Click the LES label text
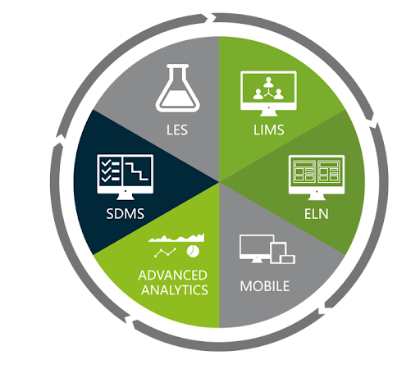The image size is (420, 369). (x=177, y=130)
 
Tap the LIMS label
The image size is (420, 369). (x=269, y=130)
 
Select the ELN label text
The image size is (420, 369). (x=317, y=214)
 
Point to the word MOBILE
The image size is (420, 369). (x=265, y=286)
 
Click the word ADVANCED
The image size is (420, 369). (x=173, y=276)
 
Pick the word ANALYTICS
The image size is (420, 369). (x=175, y=290)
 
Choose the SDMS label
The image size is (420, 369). (x=126, y=214)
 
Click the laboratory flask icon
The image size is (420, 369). (x=178, y=88)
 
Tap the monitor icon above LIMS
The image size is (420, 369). (x=268, y=93)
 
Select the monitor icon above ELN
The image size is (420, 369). (x=317, y=177)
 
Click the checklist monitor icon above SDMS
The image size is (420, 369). (x=126, y=177)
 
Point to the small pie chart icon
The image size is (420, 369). (x=193, y=252)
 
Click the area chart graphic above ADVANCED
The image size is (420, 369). (x=176, y=238)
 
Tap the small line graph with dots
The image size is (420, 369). (x=165, y=253)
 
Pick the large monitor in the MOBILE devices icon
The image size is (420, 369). (x=257, y=248)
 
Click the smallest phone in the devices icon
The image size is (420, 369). (x=288, y=259)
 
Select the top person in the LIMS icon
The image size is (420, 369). (x=268, y=82)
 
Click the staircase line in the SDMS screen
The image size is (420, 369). (x=137, y=171)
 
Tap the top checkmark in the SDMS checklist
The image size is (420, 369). (x=106, y=163)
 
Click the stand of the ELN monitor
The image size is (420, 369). (x=317, y=197)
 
